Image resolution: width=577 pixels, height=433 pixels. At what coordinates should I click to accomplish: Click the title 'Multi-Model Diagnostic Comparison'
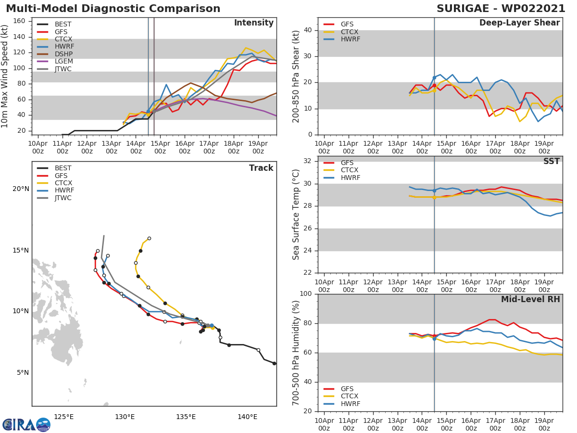coord(113,9)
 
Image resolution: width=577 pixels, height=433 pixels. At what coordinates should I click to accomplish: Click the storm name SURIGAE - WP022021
coord(501,9)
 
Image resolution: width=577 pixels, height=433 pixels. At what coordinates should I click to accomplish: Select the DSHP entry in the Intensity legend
coord(63,54)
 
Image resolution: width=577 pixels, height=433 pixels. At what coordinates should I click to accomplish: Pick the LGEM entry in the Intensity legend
coord(63,62)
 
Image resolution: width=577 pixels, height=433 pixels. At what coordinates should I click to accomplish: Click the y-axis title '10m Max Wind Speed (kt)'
coord(5,76)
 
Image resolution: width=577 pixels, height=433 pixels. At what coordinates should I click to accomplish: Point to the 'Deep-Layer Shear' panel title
coord(519,23)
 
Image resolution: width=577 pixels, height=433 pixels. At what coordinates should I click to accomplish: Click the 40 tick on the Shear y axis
coord(309,30)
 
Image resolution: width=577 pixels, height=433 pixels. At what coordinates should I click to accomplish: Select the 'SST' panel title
coord(551,162)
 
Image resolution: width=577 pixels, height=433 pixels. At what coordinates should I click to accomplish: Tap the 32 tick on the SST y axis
coord(309,161)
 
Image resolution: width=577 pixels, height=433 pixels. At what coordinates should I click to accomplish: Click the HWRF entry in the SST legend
coord(350,178)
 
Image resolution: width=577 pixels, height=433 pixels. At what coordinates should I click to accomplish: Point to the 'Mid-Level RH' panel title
coord(530,300)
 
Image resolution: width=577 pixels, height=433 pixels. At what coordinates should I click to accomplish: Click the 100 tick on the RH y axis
coord(306,294)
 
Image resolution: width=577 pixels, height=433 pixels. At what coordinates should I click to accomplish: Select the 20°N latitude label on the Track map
coord(20,189)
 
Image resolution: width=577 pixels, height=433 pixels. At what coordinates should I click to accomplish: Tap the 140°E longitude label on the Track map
coord(247,417)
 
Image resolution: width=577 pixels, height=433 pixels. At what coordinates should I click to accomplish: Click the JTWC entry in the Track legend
coord(63,198)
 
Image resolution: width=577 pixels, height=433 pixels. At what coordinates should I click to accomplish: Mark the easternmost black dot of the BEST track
coord(274,363)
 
